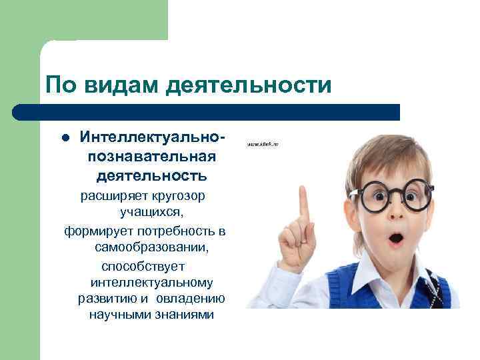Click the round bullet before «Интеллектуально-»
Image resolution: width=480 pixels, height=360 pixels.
click(x=65, y=140)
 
